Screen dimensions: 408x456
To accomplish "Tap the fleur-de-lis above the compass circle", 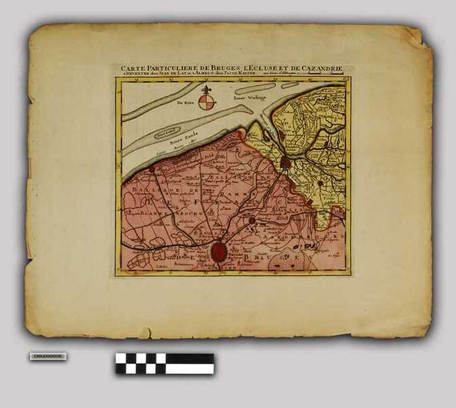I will point(207,89).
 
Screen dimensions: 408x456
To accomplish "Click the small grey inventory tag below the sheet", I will point(48,357).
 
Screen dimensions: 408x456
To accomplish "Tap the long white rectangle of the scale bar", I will point(190,368).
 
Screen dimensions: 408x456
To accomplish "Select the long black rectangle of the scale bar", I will point(190,358).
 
